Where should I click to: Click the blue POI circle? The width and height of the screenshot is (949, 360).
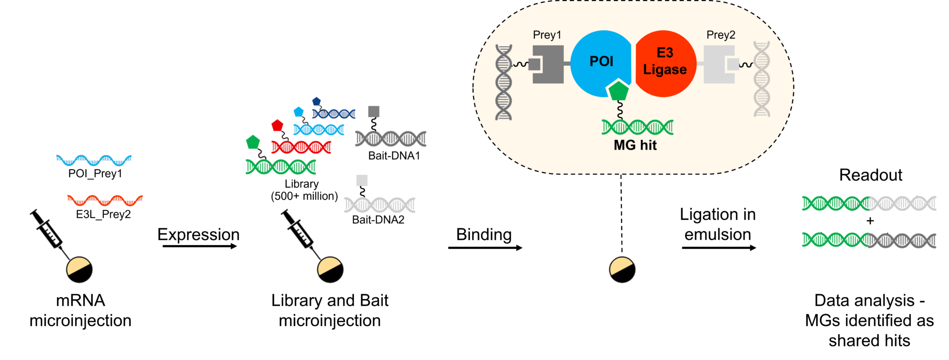pyautogui.click(x=600, y=63)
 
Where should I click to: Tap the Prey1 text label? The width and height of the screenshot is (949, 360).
pyautogui.click(x=547, y=35)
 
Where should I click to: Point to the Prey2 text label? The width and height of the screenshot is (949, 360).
pyautogui.click(x=721, y=35)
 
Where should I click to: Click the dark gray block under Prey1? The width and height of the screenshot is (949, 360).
pyautogui.click(x=548, y=64)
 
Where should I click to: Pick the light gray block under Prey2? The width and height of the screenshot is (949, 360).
pyautogui.click(x=719, y=64)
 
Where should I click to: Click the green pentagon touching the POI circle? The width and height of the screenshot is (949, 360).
pyautogui.click(x=619, y=91)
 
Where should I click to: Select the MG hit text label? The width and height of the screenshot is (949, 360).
pyautogui.click(x=635, y=145)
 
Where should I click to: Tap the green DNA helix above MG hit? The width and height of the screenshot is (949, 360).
pyautogui.click(x=637, y=127)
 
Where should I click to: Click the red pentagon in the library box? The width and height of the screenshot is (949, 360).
pyautogui.click(x=277, y=125)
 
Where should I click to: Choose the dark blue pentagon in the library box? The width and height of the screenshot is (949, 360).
pyautogui.click(x=316, y=101)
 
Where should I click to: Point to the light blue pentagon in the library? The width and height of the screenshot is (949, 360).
pyautogui.click(x=298, y=112)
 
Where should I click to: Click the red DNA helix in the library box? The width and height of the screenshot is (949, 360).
pyautogui.click(x=301, y=147)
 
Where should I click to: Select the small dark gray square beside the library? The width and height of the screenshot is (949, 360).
pyautogui.click(x=373, y=112)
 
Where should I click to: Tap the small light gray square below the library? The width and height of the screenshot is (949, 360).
pyautogui.click(x=362, y=180)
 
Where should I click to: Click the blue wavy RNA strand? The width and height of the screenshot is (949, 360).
pyautogui.click(x=94, y=160)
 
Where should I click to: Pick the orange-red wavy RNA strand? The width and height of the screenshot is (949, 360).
pyautogui.click(x=105, y=200)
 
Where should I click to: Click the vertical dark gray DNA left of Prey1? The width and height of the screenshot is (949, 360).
pyautogui.click(x=504, y=82)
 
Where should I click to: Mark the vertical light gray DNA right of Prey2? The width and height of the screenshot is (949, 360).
pyautogui.click(x=761, y=79)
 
